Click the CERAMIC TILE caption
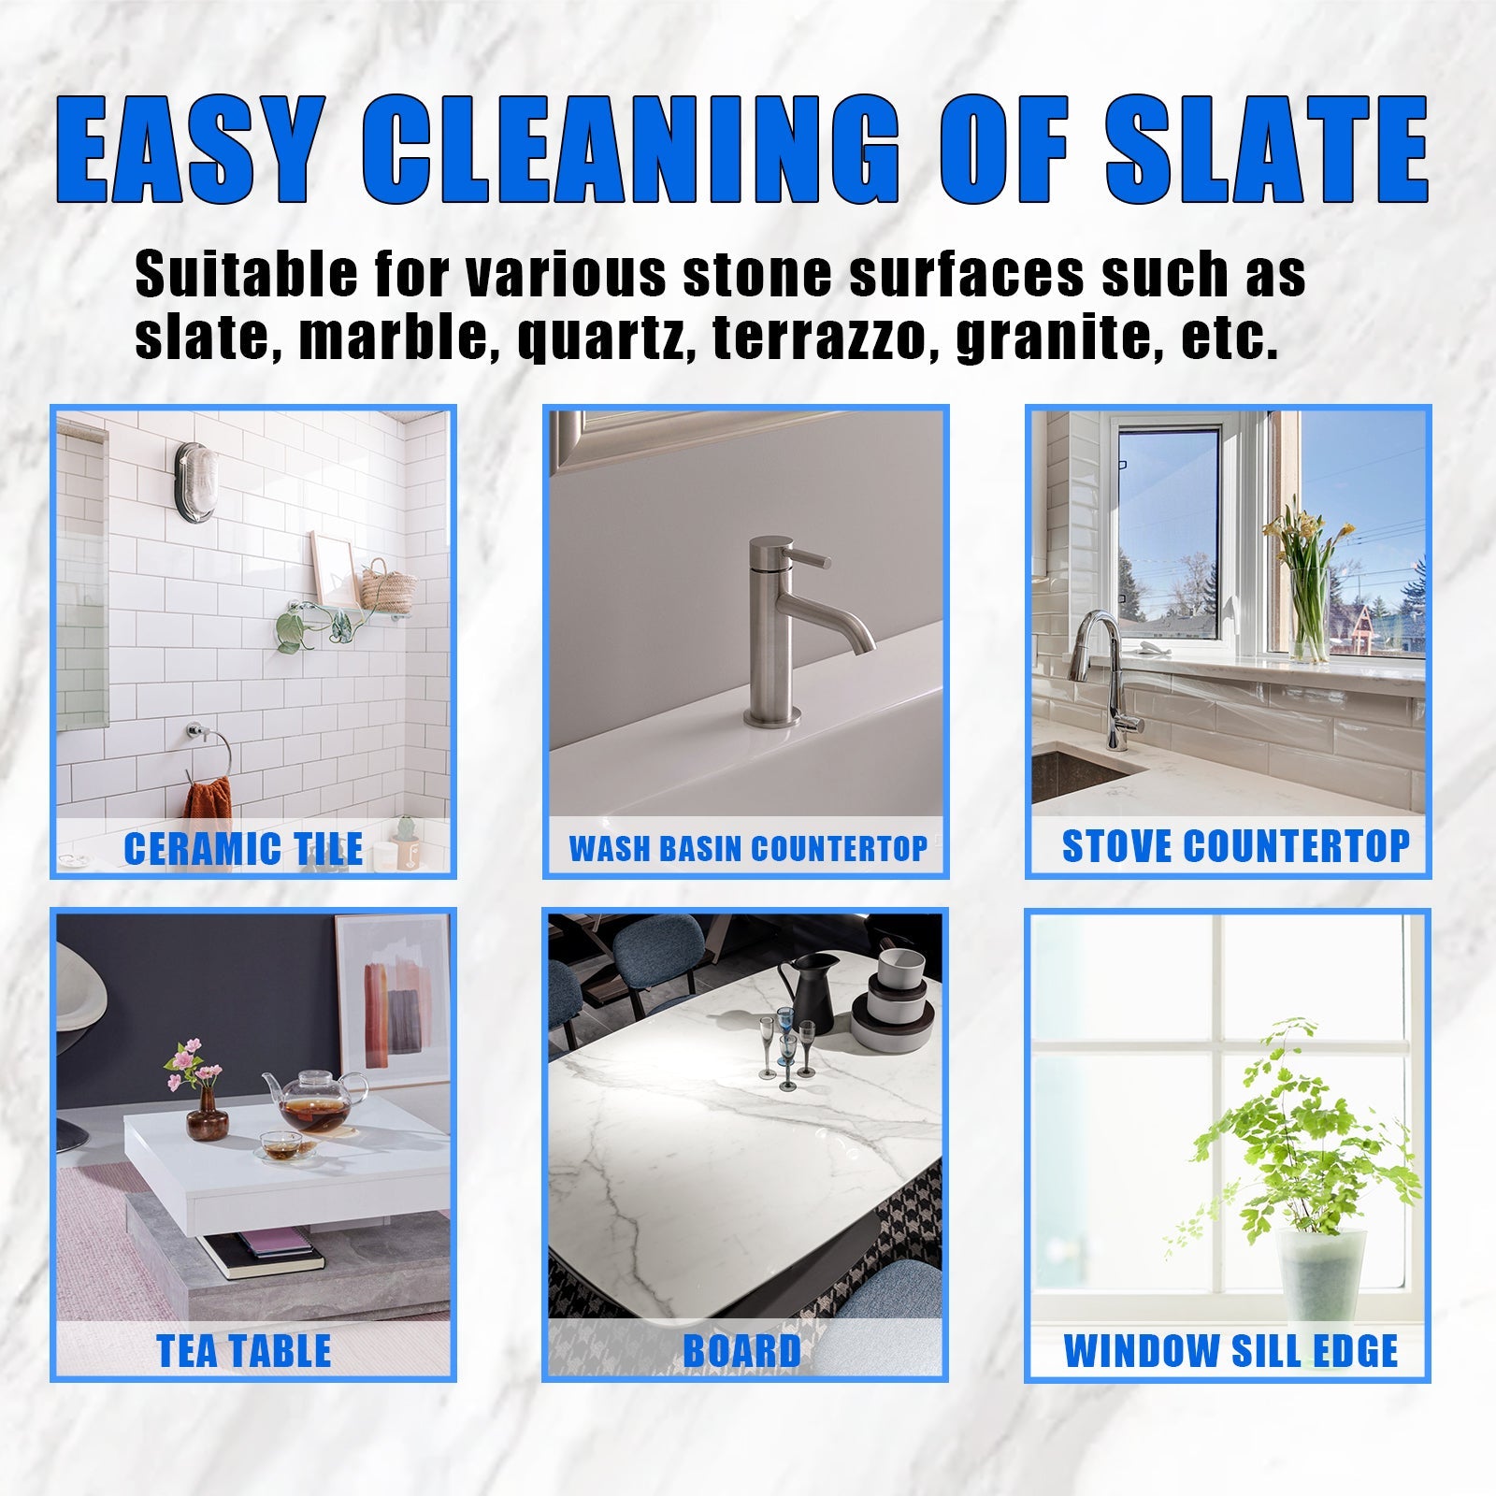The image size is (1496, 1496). point(243,849)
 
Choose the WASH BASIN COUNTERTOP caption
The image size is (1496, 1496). point(748,849)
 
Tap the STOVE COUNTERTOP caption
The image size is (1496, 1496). point(1235,846)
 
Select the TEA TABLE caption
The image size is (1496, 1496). point(244,1351)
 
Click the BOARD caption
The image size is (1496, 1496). point(742,1351)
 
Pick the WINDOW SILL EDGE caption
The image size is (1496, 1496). point(1230,1351)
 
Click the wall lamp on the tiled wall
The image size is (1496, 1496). point(195,481)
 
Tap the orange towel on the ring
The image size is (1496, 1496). point(208,805)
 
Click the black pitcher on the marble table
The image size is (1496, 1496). point(809,991)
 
